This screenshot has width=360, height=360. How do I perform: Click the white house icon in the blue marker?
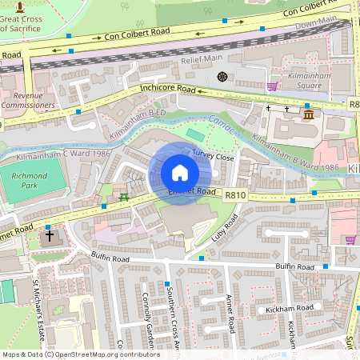coord(179,173)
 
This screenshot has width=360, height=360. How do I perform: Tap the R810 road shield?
coord(235,194)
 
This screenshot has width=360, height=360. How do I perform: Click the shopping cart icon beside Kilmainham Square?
coord(272,86)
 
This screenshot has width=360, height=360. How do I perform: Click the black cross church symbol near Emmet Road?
coord(50,236)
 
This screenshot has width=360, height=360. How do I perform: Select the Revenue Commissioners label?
coord(28,99)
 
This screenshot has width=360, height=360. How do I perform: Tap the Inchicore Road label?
coord(167,89)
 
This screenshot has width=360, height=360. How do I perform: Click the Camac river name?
coord(225,127)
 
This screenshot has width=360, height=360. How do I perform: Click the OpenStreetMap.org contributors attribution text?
coord(108,354)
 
